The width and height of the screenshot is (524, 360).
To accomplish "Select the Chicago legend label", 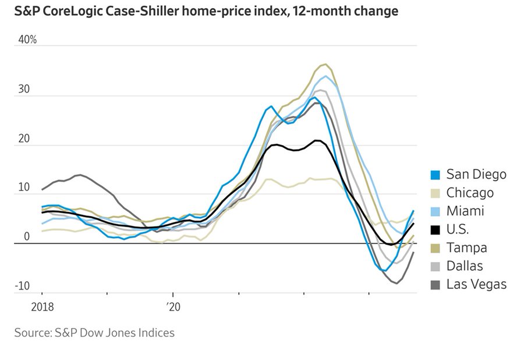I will (x=470, y=193).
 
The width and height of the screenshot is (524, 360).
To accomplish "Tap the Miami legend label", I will (x=465, y=211).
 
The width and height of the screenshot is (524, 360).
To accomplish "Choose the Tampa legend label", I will (x=466, y=248).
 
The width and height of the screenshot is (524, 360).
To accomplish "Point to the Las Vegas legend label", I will (x=476, y=284).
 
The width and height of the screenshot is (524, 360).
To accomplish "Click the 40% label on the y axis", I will (x=27, y=40).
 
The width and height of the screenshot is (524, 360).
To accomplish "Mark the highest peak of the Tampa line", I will (x=325, y=64).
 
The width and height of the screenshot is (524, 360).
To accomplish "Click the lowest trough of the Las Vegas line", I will (x=396, y=283).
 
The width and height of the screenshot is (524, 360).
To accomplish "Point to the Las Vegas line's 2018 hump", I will (x=80, y=175).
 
